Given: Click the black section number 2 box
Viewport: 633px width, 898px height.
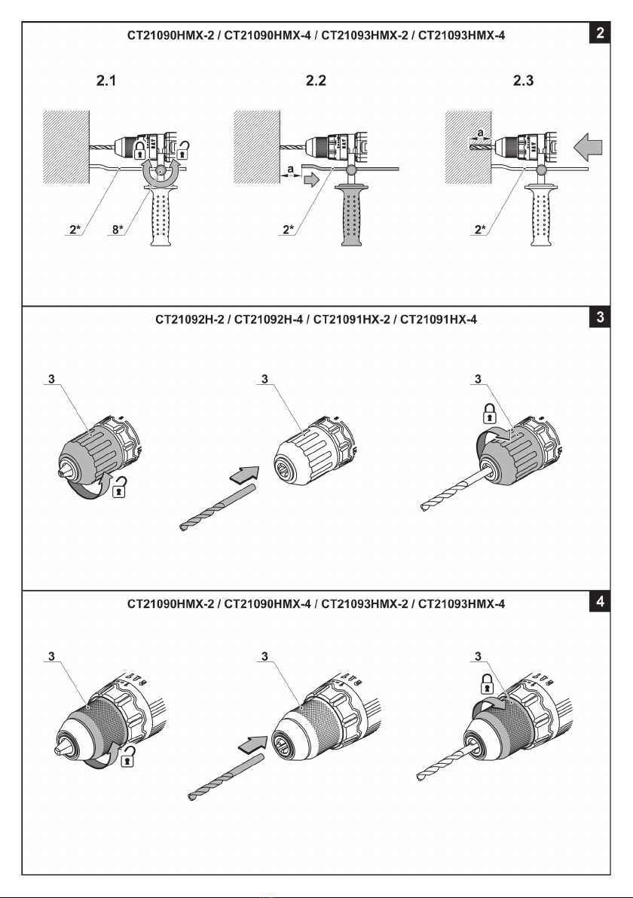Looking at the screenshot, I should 599,33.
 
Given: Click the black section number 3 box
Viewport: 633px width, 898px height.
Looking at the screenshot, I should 599,318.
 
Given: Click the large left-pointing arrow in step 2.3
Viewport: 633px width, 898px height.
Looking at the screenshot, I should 590,143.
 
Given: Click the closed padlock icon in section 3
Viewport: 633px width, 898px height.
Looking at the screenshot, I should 490,413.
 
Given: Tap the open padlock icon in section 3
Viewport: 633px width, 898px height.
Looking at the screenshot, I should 119,490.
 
